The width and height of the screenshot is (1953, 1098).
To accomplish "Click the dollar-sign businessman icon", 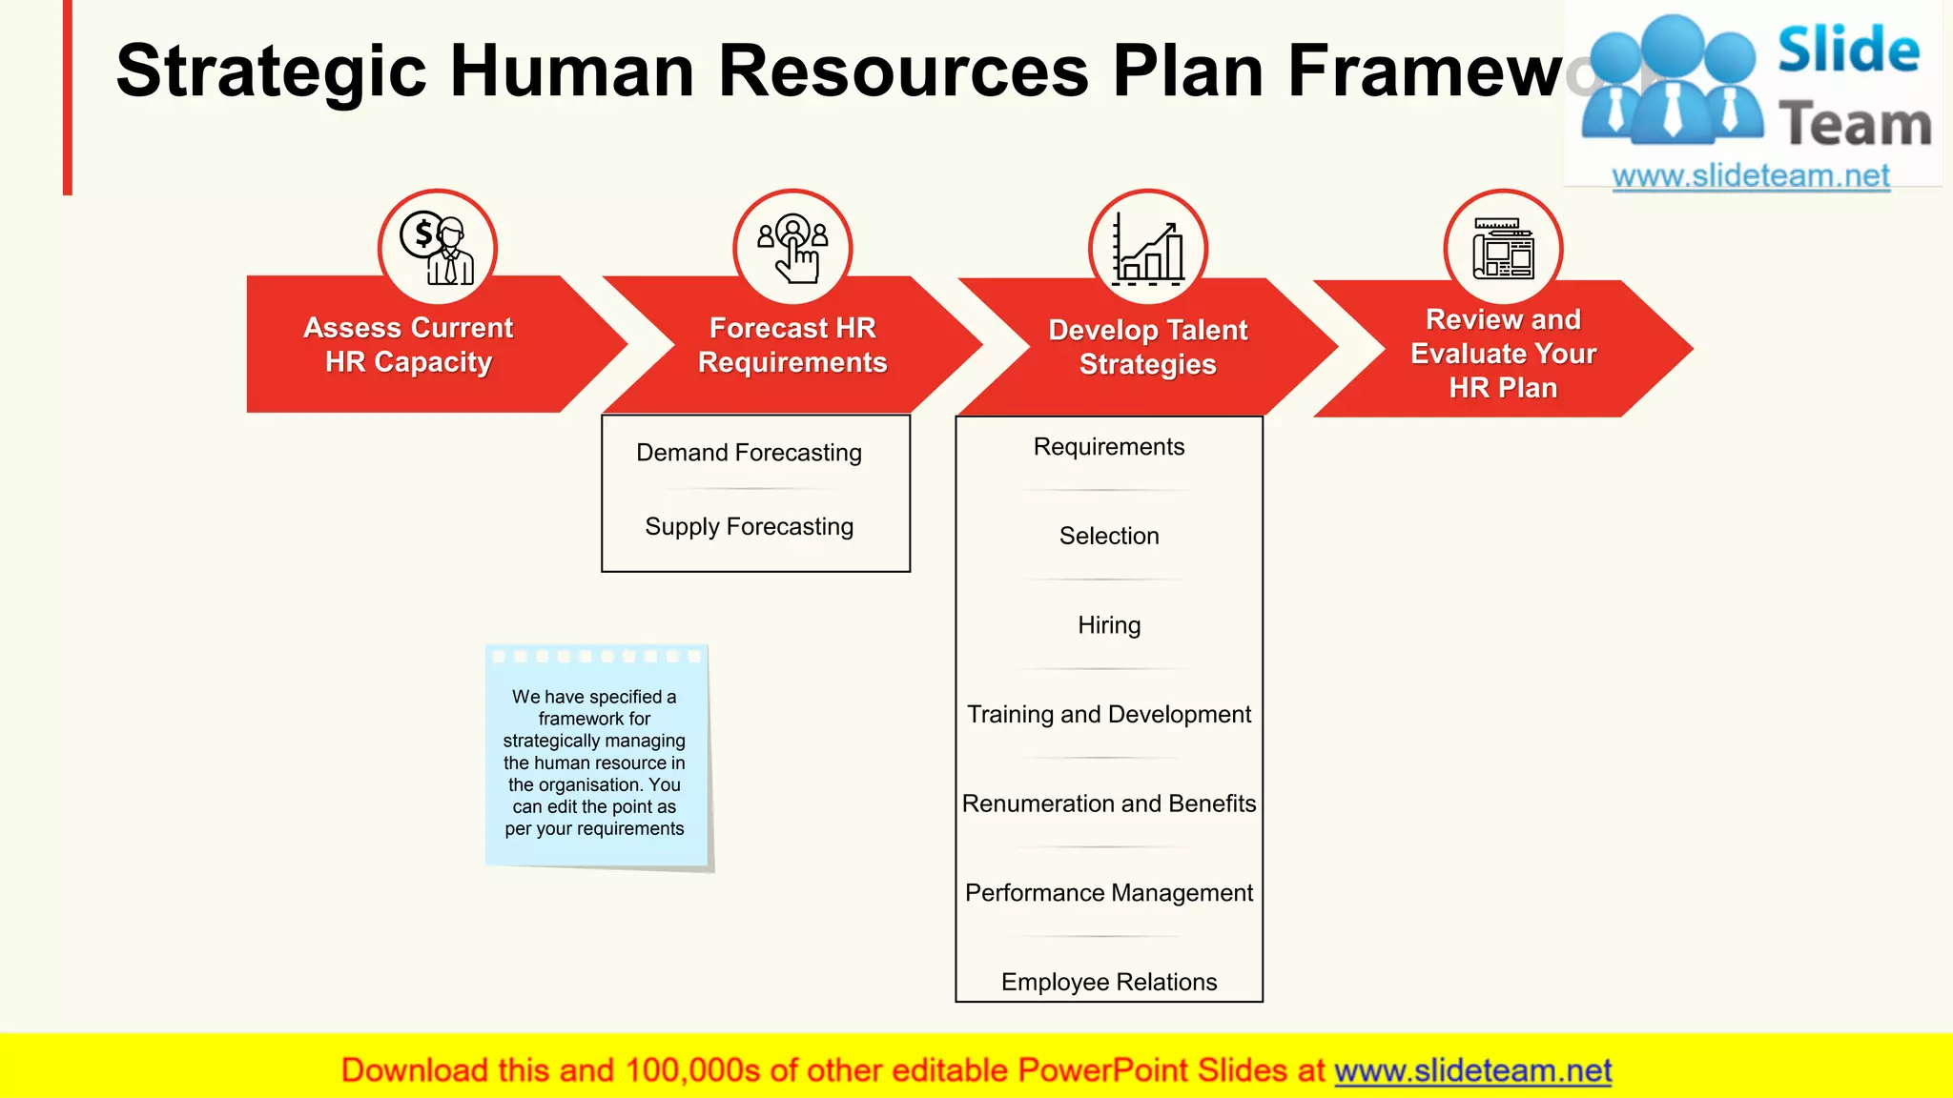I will (x=438, y=249).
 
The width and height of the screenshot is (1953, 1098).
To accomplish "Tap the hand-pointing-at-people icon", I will (x=792, y=249).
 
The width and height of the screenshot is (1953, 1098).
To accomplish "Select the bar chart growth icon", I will (x=1148, y=249).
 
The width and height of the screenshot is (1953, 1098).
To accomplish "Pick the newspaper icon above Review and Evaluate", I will (x=1503, y=249).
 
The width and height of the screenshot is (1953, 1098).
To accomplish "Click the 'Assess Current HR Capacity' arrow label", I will (x=408, y=345).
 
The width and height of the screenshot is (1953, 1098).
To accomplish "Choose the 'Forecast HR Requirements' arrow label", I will (x=792, y=345).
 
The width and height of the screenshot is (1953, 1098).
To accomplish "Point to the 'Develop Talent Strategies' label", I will (x=1147, y=347).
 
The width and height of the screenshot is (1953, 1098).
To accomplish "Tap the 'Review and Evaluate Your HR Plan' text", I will (x=1503, y=354).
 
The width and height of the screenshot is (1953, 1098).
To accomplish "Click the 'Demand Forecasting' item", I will (x=749, y=453).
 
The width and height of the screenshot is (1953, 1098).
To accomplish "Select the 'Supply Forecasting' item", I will (x=749, y=527).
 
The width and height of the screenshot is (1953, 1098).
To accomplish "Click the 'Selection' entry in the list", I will (x=1109, y=537).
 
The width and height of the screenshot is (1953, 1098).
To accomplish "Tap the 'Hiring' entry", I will (x=1109, y=625).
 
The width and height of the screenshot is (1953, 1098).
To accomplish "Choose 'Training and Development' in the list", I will (x=1109, y=715).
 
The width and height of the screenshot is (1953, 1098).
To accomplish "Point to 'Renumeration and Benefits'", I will (x=1109, y=804).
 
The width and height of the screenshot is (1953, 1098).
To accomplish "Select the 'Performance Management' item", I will (x=1109, y=893).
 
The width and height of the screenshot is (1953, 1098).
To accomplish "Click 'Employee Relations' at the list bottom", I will (x=1109, y=983).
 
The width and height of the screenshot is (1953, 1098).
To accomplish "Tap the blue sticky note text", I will (x=594, y=762).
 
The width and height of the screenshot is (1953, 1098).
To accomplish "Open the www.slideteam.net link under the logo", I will (x=1751, y=176).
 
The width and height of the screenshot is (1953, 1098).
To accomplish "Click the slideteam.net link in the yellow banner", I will (x=1472, y=1071).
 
